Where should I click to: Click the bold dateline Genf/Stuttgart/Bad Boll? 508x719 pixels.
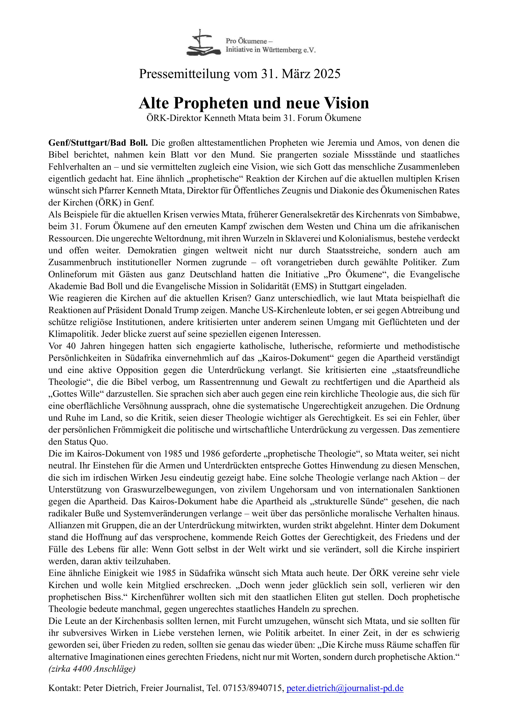[98, 143]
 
